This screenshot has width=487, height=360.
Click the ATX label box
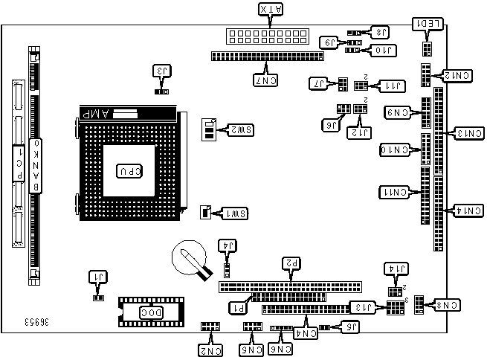(x=270, y=10)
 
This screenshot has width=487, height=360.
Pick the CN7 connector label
(x=265, y=78)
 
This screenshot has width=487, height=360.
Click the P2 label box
(x=292, y=263)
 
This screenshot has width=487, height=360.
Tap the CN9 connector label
(x=399, y=113)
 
